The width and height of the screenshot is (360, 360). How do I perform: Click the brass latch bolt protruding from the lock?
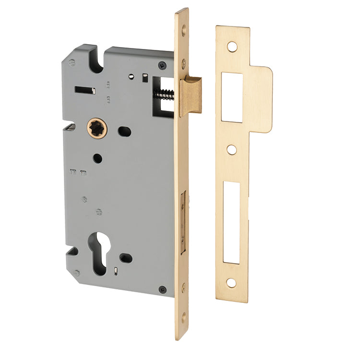pyautogui.click(x=191, y=95)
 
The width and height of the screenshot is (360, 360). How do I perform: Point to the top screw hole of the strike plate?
pyautogui.click(x=232, y=47)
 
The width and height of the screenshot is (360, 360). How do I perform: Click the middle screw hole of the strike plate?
pyautogui.click(x=232, y=150)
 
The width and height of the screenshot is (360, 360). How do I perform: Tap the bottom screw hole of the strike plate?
pyautogui.click(x=231, y=283)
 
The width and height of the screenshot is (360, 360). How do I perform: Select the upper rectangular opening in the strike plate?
pyautogui.click(x=232, y=97)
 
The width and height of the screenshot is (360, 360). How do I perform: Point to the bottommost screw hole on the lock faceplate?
pyautogui.click(x=183, y=317)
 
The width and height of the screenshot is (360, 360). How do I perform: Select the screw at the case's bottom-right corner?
pyautogui.click(x=162, y=289)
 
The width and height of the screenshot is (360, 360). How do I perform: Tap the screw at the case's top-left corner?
pyautogui.click(x=72, y=62)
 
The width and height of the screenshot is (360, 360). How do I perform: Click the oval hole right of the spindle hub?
pyautogui.click(x=124, y=131)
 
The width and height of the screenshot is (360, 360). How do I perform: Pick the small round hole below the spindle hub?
pyautogui.click(x=97, y=158)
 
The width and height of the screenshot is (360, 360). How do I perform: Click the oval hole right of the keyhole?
pyautogui.click(x=126, y=258)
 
